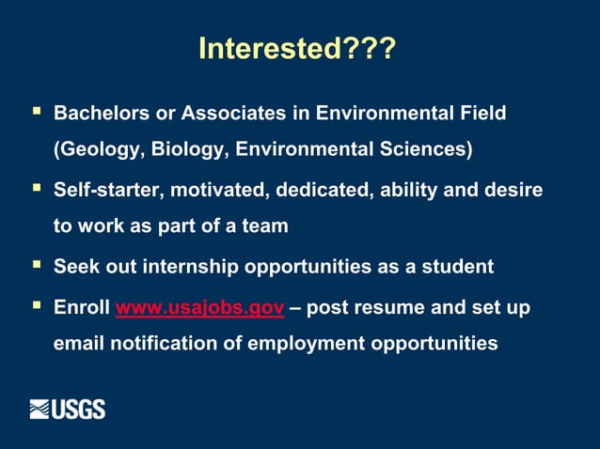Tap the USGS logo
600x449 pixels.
pyautogui.click(x=67, y=409)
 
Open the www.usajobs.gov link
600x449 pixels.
pyautogui.click(x=199, y=307)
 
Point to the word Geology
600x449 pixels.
pyautogui.click(x=95, y=149)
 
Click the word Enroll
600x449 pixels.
pyautogui.click(x=81, y=307)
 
